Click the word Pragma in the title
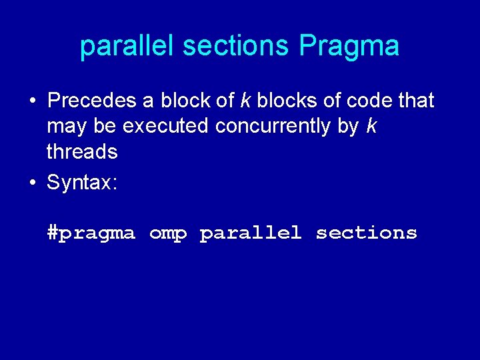[x=349, y=47]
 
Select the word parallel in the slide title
[x=127, y=47]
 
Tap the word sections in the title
[x=236, y=47]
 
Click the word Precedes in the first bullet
[x=91, y=101]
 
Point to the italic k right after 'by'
[x=371, y=127]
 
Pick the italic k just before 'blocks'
[x=245, y=101]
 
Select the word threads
[x=82, y=152]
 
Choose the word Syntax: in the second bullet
[x=82, y=183]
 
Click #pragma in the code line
[x=91, y=233]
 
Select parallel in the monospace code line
[x=251, y=233]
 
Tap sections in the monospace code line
[x=366, y=233]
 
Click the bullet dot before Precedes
[x=31, y=102]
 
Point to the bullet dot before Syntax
[x=31, y=183]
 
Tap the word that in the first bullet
[x=415, y=101]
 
